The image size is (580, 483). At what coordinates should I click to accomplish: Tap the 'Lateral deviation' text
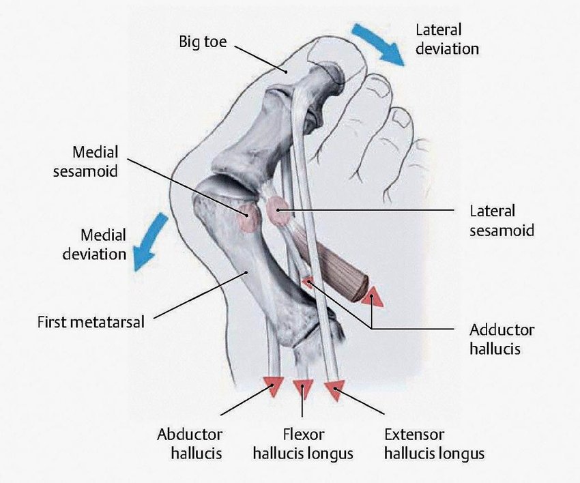[447, 39]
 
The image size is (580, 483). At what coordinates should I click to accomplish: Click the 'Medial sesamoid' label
[85, 162]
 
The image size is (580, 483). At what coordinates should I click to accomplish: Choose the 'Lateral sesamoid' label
[502, 220]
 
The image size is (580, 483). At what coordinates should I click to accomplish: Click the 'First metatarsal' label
[91, 321]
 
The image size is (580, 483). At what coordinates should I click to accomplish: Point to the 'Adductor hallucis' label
[502, 339]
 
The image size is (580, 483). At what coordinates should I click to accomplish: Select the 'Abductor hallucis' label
[190, 443]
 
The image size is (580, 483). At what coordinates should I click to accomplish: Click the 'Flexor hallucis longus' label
[303, 443]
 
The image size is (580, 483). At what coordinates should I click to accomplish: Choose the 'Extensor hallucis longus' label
[434, 443]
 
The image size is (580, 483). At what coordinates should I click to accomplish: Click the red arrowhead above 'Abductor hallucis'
[274, 387]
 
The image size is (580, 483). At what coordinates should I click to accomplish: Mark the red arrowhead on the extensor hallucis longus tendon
[334, 390]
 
